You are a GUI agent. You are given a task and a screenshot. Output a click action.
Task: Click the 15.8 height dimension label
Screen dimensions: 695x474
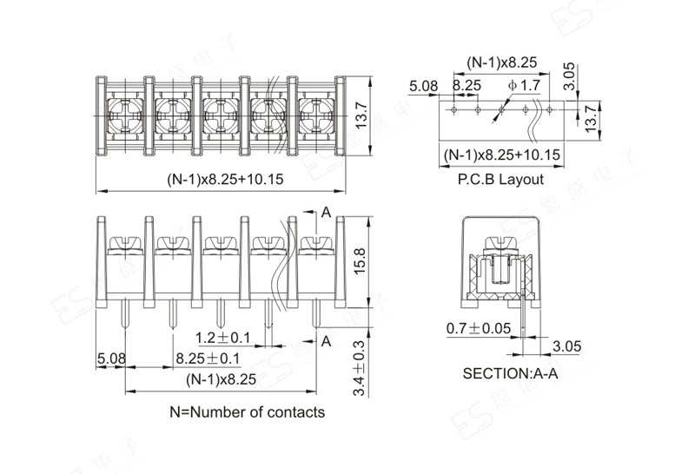[x=360, y=261]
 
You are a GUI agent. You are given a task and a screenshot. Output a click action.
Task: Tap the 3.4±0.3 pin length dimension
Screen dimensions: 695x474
[x=359, y=369]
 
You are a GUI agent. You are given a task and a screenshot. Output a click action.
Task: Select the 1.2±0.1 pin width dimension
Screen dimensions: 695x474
[x=223, y=338]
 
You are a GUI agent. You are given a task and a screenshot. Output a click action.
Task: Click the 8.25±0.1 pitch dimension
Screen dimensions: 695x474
[x=208, y=358]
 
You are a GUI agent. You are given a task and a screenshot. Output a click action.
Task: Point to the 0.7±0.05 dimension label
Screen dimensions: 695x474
[x=479, y=328]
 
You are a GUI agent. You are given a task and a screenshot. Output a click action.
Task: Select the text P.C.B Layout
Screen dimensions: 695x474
[x=500, y=180]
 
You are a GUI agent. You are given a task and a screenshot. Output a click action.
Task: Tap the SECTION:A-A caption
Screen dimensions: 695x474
[x=510, y=373]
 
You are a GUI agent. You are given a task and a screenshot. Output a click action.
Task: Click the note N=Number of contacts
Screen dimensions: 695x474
[x=248, y=412]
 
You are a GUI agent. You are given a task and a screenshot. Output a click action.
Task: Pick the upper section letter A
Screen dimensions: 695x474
[x=327, y=213]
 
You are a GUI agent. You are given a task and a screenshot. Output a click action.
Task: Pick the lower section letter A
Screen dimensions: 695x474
[x=327, y=341]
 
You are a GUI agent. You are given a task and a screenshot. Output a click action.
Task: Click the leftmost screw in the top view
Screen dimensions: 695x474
[x=125, y=116]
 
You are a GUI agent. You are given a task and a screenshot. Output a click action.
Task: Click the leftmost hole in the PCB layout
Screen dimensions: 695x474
[x=453, y=109]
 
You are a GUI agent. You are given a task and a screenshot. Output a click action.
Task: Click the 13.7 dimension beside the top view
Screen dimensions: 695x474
[x=361, y=115]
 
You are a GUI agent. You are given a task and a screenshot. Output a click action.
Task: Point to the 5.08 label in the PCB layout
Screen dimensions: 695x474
[x=423, y=86]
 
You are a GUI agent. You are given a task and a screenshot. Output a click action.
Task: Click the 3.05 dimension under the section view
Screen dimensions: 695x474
[x=566, y=346]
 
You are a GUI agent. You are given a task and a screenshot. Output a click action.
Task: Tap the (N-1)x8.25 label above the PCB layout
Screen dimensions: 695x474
[x=501, y=63]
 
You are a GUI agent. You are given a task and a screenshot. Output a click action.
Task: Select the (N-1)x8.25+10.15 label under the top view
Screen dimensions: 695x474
[x=225, y=179]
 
